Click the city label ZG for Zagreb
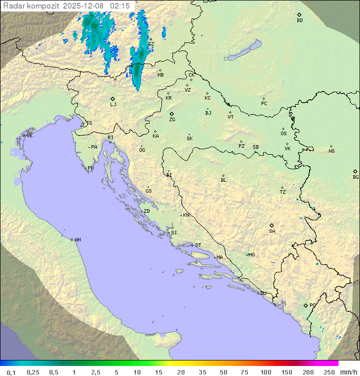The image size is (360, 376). [x=172, y=120]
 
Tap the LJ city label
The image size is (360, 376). [x=113, y=105]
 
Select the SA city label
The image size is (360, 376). [x=272, y=231]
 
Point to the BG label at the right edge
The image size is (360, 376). [x=355, y=177]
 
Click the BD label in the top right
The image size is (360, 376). [x=299, y=21]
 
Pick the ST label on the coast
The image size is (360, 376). [x=198, y=245]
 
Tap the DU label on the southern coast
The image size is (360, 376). [x=262, y=293]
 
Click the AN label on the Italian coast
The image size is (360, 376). [x=77, y=240]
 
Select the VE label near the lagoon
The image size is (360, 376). [x=29, y=136]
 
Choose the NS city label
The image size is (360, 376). [x=331, y=151]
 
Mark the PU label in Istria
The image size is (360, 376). [x=90, y=168]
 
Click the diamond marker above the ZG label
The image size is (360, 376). [x=171, y=114]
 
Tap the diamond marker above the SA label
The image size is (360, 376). [x=272, y=225]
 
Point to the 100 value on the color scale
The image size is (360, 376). [x=265, y=372]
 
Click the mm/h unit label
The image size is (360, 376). [x=348, y=372]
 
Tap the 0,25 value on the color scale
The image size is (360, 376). [x=33, y=372]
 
